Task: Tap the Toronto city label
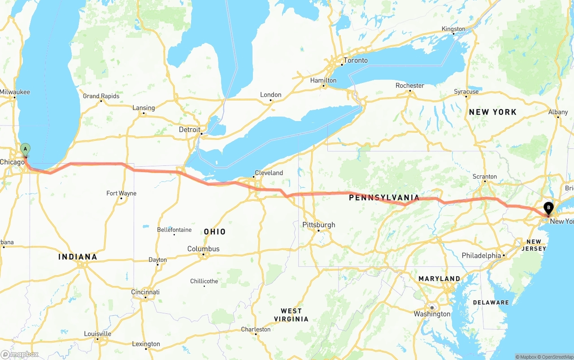click(355, 61)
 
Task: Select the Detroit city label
click(190, 130)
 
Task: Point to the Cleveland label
click(269, 173)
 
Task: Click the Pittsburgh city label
click(318, 225)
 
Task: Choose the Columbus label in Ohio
click(203, 249)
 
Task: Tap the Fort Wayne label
click(121, 194)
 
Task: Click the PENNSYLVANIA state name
click(384, 198)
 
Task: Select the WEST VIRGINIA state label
click(291, 315)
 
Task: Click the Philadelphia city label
click(481, 256)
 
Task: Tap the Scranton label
click(485, 177)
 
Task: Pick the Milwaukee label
click(15, 92)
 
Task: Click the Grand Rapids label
click(101, 96)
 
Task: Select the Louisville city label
click(97, 334)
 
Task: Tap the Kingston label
click(453, 29)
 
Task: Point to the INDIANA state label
click(78, 257)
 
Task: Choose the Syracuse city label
click(466, 91)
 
